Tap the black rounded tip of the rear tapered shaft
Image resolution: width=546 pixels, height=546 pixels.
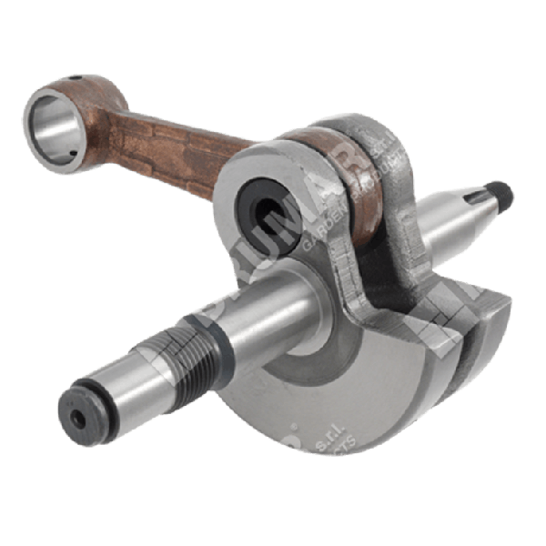tap(502, 195)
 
